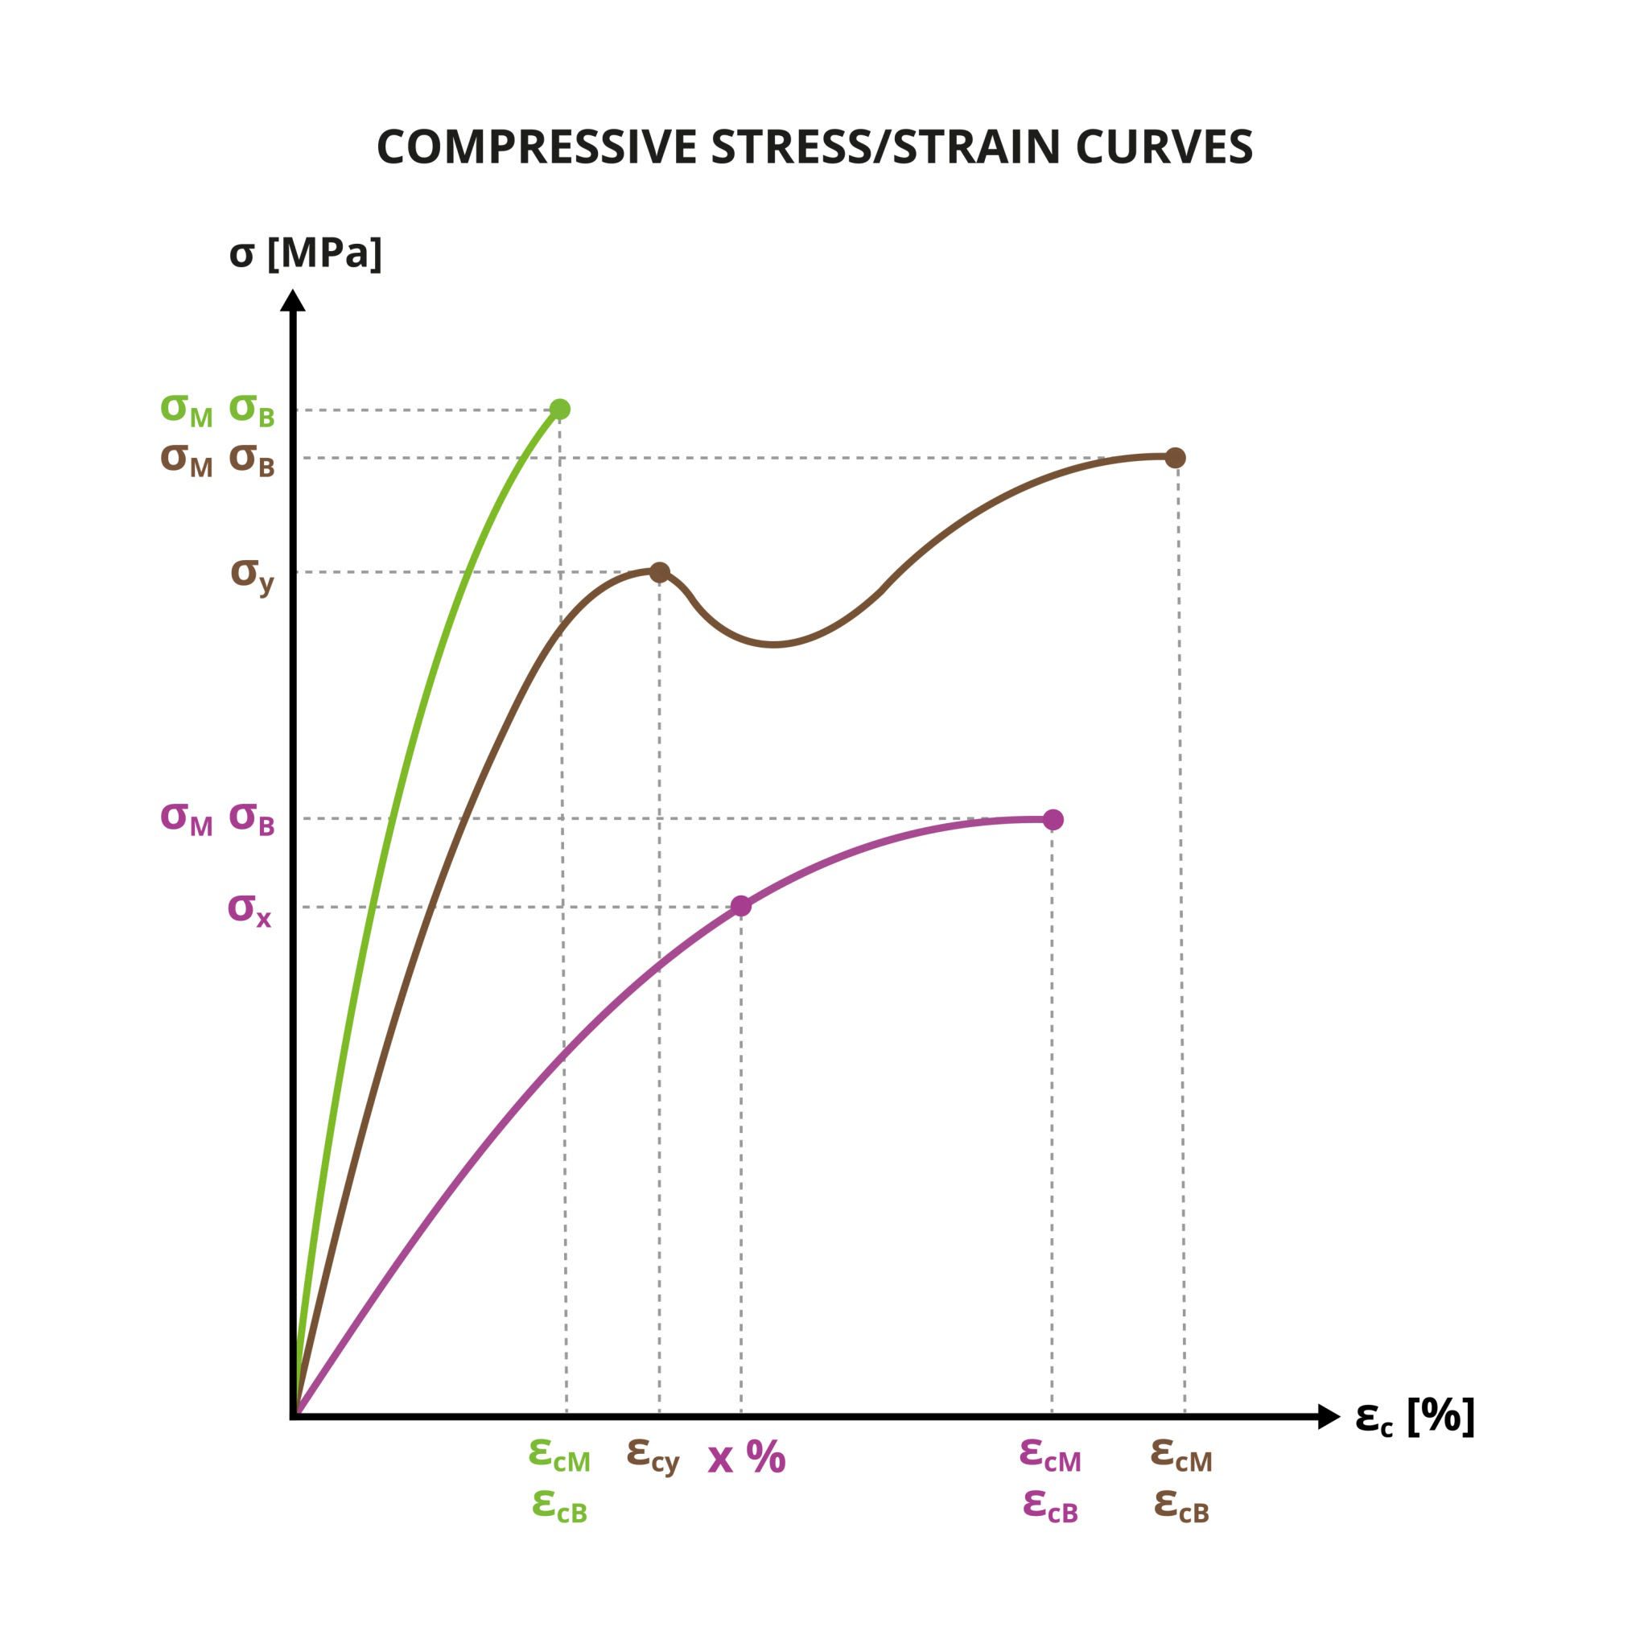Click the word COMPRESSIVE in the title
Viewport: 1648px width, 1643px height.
pyautogui.click(x=537, y=147)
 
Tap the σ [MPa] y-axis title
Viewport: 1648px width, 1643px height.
pyautogui.click(x=305, y=253)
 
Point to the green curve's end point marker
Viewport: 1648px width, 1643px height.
pyautogui.click(x=559, y=410)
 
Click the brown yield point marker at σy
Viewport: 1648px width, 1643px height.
pyautogui.click(x=659, y=571)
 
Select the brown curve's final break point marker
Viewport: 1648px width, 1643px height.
pyautogui.click(x=1176, y=457)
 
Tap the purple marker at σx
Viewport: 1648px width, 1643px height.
pyautogui.click(x=741, y=906)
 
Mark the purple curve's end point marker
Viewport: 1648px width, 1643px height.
pyautogui.click(x=1053, y=820)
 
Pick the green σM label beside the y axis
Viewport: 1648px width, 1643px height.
pyautogui.click(x=186, y=410)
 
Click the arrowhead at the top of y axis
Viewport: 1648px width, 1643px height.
pyautogui.click(x=293, y=300)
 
